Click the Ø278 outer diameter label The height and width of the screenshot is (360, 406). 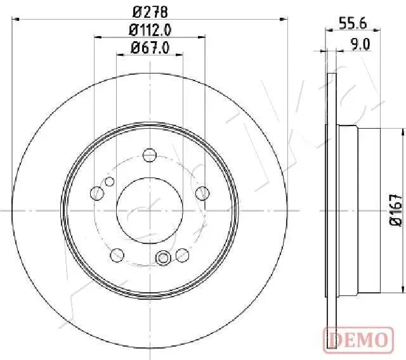(150, 11)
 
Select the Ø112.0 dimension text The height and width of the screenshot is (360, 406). (150, 29)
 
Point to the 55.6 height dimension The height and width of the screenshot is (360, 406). (352, 23)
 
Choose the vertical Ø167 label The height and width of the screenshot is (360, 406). (395, 210)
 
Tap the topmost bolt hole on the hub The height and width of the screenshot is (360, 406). (150, 155)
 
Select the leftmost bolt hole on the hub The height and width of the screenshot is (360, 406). (98, 193)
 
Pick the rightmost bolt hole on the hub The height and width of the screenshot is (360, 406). (202, 193)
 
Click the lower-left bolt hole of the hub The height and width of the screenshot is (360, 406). (117, 254)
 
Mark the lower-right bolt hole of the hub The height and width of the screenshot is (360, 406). (183, 254)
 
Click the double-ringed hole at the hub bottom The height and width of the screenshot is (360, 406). (163, 258)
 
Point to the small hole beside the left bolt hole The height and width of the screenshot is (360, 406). (109, 183)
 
